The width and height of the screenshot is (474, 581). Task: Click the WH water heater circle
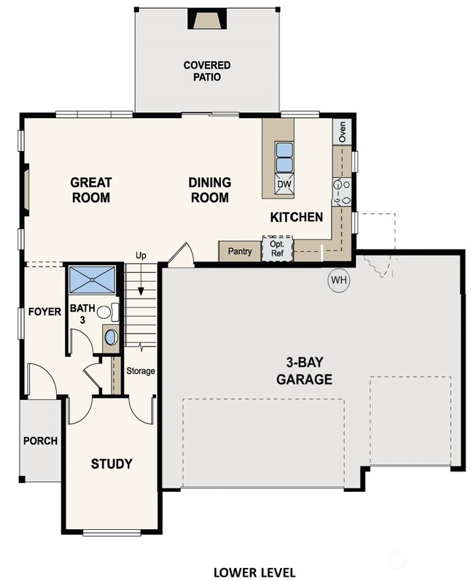pyautogui.click(x=339, y=280)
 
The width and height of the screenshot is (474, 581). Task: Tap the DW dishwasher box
pyautogui.click(x=284, y=183)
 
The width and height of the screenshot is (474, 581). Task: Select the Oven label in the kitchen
pyautogui.click(x=342, y=131)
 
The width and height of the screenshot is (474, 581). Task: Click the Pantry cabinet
pyautogui.click(x=240, y=251)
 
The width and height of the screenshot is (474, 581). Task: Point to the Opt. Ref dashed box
pyautogui.click(x=277, y=249)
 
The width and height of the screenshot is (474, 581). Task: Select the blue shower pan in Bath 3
pyautogui.click(x=93, y=280)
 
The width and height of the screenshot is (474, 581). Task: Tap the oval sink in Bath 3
pyautogui.click(x=111, y=337)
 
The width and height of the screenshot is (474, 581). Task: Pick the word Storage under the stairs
pyautogui.click(x=141, y=371)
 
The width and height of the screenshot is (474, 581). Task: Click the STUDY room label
pyautogui.click(x=112, y=463)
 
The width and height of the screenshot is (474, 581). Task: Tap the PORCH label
pyautogui.click(x=40, y=441)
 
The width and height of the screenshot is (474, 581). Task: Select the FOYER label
pyautogui.click(x=44, y=312)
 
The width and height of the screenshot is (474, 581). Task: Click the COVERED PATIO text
pyautogui.click(x=207, y=71)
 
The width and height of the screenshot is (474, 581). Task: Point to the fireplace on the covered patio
pyautogui.click(x=207, y=18)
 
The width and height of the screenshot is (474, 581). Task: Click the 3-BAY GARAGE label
pyautogui.click(x=304, y=371)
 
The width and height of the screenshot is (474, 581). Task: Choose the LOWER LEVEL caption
pyautogui.click(x=255, y=572)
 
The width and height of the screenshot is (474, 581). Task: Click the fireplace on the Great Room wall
pyautogui.click(x=26, y=190)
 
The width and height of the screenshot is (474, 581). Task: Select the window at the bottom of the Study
pyautogui.click(x=112, y=534)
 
